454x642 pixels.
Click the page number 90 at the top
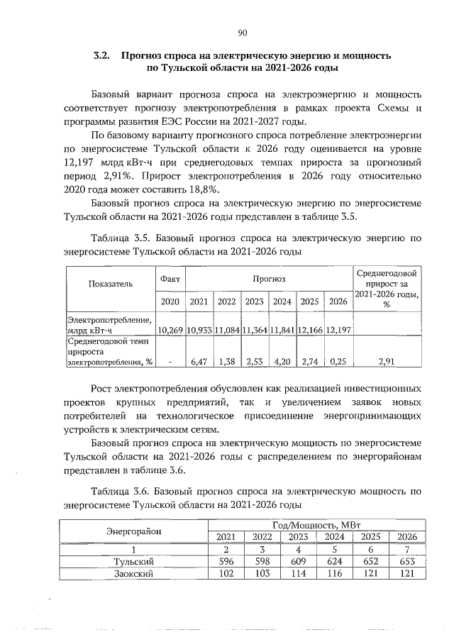click(x=242, y=32)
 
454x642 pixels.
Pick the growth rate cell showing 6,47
click(x=199, y=362)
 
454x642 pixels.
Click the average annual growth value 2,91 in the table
click(x=387, y=362)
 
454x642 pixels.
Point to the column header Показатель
click(x=110, y=284)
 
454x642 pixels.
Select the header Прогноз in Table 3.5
click(x=268, y=279)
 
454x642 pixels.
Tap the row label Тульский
click(x=134, y=561)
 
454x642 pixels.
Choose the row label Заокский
click(x=134, y=573)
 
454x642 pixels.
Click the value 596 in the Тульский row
click(x=223, y=561)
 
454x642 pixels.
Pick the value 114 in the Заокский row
click(x=299, y=573)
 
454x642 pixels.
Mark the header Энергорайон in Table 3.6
click(x=134, y=530)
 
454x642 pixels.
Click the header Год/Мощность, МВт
click(x=317, y=524)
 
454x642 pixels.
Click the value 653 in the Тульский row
click(x=407, y=561)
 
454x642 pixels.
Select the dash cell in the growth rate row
click(x=170, y=362)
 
